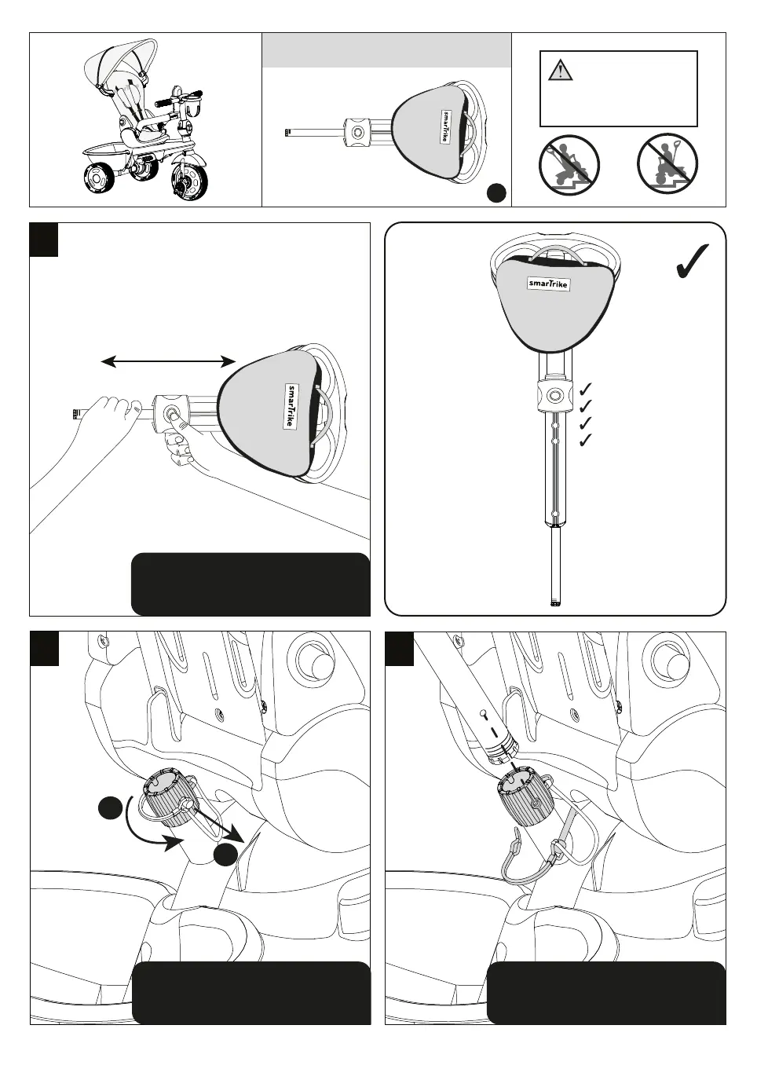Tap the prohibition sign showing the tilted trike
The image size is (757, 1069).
coord(569,166)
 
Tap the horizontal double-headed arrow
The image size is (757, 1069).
coord(169,361)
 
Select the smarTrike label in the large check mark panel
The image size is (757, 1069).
coord(549,284)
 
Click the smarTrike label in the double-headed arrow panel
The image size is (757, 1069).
coord(291,406)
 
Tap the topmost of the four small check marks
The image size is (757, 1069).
coord(584,390)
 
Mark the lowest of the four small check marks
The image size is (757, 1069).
coord(584,441)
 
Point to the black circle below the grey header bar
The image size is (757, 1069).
coord(496,192)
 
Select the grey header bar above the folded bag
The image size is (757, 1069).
coord(386,50)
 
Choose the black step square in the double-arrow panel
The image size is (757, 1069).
coord(44,240)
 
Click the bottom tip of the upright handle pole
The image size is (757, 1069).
coord(556,603)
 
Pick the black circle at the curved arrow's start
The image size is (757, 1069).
coord(110,808)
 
